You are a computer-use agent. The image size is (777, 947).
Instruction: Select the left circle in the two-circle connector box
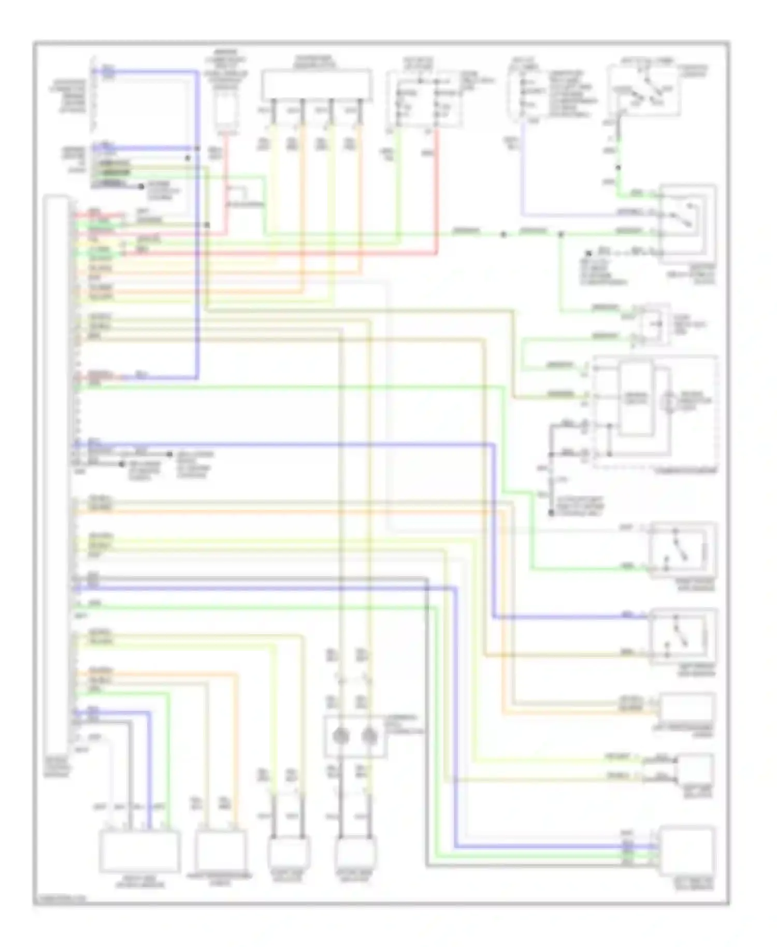pos(340,736)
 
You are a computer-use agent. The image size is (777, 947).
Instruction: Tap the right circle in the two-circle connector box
pos(369,736)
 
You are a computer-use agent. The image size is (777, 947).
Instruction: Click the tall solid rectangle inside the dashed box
pos(637,399)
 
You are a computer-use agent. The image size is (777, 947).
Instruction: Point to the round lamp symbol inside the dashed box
pos(669,400)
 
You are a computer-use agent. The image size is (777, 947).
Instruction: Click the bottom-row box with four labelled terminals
pos(140,852)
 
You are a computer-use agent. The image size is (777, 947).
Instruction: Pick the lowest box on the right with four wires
pos(686,852)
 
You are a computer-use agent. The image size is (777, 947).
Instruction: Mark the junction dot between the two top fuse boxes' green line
pos(503,235)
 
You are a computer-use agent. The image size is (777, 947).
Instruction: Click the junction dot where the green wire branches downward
pos(560,235)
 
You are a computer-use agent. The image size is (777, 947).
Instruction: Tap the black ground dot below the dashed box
pos(551,513)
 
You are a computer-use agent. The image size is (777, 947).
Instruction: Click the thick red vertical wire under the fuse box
pos(437,192)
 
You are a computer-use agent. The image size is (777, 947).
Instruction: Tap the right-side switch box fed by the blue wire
pos(684,636)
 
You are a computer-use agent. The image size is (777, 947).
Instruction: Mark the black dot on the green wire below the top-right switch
pos(617,168)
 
